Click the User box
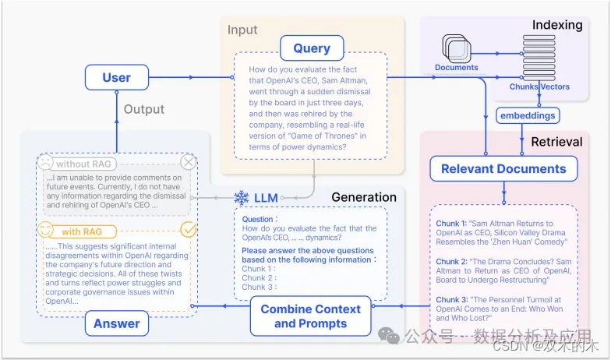[x=116, y=78]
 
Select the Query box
[x=312, y=48]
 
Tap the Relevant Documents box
[x=503, y=169]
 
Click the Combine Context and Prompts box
[x=310, y=316]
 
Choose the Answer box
[x=117, y=323]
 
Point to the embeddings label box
[x=528, y=115]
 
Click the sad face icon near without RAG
[x=46, y=163]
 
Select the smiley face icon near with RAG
[x=46, y=231]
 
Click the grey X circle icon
[x=189, y=162]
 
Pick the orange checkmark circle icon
[x=189, y=230]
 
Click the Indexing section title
[x=557, y=25]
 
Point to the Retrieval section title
[x=556, y=142]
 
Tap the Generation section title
[x=364, y=196]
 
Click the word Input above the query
[x=242, y=30]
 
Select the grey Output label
[x=144, y=109]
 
